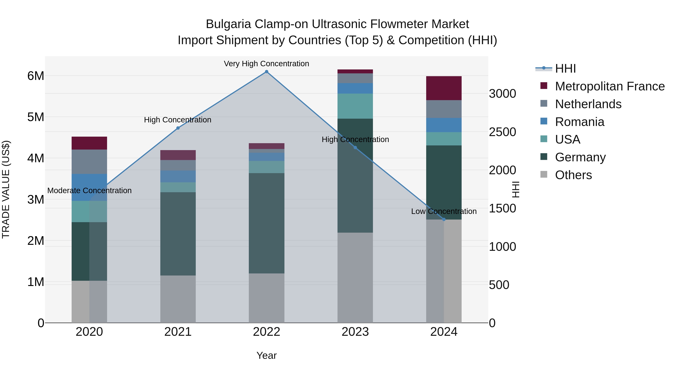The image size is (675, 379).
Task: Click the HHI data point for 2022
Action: (x=266, y=72)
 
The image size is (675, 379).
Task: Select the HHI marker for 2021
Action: (x=178, y=128)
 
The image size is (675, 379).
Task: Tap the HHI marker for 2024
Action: (x=444, y=220)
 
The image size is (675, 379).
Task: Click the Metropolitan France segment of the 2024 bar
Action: (x=444, y=88)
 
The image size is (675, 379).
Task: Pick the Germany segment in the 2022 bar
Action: (x=266, y=223)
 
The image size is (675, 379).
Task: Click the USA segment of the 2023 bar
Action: (x=355, y=106)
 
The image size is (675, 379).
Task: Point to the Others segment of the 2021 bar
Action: (x=178, y=299)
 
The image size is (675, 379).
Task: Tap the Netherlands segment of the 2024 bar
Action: (x=444, y=109)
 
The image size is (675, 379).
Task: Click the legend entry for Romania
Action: (x=579, y=122)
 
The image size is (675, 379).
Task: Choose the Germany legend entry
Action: (x=580, y=157)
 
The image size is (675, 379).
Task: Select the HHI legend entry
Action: (x=565, y=69)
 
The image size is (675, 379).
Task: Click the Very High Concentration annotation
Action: (x=266, y=64)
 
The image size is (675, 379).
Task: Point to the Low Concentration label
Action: (x=444, y=211)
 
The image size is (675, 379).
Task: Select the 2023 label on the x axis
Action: (x=355, y=332)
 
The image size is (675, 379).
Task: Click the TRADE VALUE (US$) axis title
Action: (x=6, y=189)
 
